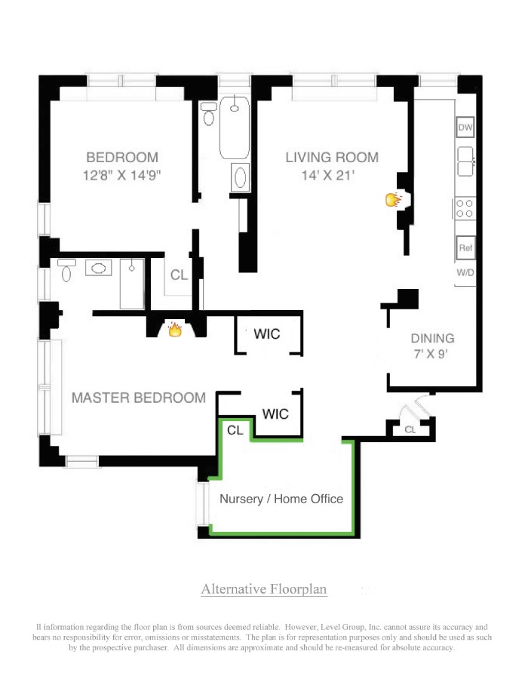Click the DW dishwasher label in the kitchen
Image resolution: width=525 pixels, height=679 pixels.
(465, 128)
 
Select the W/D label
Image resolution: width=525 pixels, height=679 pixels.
(465, 273)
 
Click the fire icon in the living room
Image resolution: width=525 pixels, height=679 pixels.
(392, 200)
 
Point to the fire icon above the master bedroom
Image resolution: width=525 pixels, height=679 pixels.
(174, 329)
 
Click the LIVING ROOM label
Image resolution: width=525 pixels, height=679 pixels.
(332, 158)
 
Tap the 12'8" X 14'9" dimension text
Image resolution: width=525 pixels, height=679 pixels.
(122, 175)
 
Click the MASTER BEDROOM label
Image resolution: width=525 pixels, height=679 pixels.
(138, 398)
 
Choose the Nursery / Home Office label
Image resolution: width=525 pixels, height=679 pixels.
(281, 499)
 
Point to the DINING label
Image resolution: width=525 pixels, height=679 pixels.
(432, 338)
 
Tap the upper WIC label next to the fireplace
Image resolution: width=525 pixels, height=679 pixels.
(267, 333)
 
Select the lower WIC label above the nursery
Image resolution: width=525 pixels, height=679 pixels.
(275, 413)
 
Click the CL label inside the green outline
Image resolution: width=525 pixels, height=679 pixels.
(235, 430)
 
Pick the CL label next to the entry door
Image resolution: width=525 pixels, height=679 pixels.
(410, 429)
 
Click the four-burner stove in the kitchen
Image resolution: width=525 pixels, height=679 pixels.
(465, 207)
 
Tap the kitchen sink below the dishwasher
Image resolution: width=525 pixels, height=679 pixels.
(465, 158)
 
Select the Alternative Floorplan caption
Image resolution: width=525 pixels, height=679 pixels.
(264, 589)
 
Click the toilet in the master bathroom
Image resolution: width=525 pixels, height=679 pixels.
(66, 270)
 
